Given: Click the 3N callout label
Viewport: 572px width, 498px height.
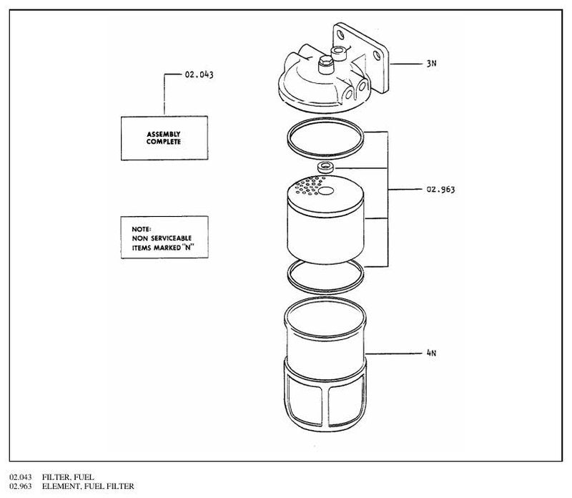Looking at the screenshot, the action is [x=431, y=64].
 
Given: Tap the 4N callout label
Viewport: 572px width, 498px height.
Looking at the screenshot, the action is [x=431, y=353].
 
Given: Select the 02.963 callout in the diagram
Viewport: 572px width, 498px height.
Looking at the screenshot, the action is [x=440, y=189].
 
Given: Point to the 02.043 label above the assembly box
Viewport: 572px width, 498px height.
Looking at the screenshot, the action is [x=199, y=74].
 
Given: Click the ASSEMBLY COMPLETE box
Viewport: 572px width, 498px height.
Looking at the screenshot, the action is [x=164, y=138].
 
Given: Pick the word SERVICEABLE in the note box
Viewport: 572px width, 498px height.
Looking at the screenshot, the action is [x=171, y=238].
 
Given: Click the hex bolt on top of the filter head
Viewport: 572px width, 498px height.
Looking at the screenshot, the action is [x=325, y=65].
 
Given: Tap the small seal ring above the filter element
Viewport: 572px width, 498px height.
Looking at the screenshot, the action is [x=325, y=167].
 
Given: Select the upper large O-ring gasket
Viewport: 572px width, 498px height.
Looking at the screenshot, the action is [x=325, y=119].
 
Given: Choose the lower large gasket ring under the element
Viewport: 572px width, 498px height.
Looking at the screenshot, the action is [x=325, y=292].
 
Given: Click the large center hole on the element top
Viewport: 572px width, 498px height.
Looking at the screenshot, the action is [x=326, y=191].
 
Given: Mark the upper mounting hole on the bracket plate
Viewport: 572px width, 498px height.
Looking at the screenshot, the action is [x=341, y=35].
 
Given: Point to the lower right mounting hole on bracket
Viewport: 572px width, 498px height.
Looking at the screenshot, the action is [x=377, y=56].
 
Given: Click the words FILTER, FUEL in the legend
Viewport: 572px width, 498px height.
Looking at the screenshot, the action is [x=68, y=477].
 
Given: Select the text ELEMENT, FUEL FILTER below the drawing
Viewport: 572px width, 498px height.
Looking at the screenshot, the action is [x=88, y=486].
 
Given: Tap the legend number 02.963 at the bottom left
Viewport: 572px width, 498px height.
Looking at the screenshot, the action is [x=21, y=486].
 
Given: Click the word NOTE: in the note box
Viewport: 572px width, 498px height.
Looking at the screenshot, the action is [x=141, y=229].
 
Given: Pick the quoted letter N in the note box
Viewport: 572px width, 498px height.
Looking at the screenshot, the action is [x=188, y=247].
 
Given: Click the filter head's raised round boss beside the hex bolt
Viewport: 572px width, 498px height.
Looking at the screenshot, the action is [x=338, y=53].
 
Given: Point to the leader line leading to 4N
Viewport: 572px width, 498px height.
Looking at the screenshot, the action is [x=393, y=353].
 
